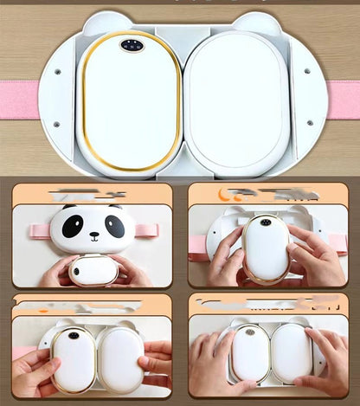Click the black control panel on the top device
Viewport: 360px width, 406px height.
(132, 45)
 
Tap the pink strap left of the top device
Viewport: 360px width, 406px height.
(19, 100)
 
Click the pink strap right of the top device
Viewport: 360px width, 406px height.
(343, 100)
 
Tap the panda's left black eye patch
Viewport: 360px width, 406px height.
(74, 225)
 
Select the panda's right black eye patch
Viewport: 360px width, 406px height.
(114, 225)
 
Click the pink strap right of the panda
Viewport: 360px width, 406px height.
(148, 229)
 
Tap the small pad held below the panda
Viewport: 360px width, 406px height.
(93, 270)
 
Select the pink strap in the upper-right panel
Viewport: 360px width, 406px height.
(197, 243)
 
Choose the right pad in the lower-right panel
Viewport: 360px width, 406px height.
(291, 352)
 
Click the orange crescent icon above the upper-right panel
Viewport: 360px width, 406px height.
(226, 195)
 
